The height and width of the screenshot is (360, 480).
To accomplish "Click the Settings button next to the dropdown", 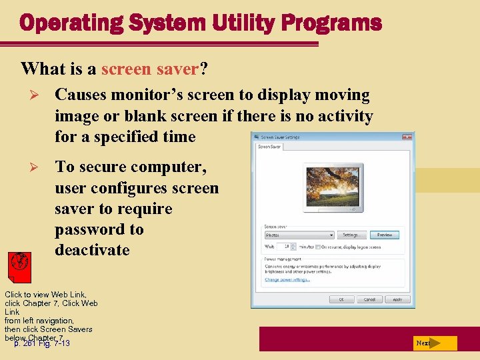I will coord(351,235).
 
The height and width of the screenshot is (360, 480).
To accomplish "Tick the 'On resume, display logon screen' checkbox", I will coord(318,246).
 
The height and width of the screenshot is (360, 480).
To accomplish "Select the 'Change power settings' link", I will coord(287,279).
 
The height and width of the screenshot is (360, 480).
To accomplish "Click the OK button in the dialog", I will coord(341,299).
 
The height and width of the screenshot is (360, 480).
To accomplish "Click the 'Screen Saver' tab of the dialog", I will coord(269,146).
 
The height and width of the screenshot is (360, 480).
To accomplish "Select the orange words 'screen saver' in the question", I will coord(150,69).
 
